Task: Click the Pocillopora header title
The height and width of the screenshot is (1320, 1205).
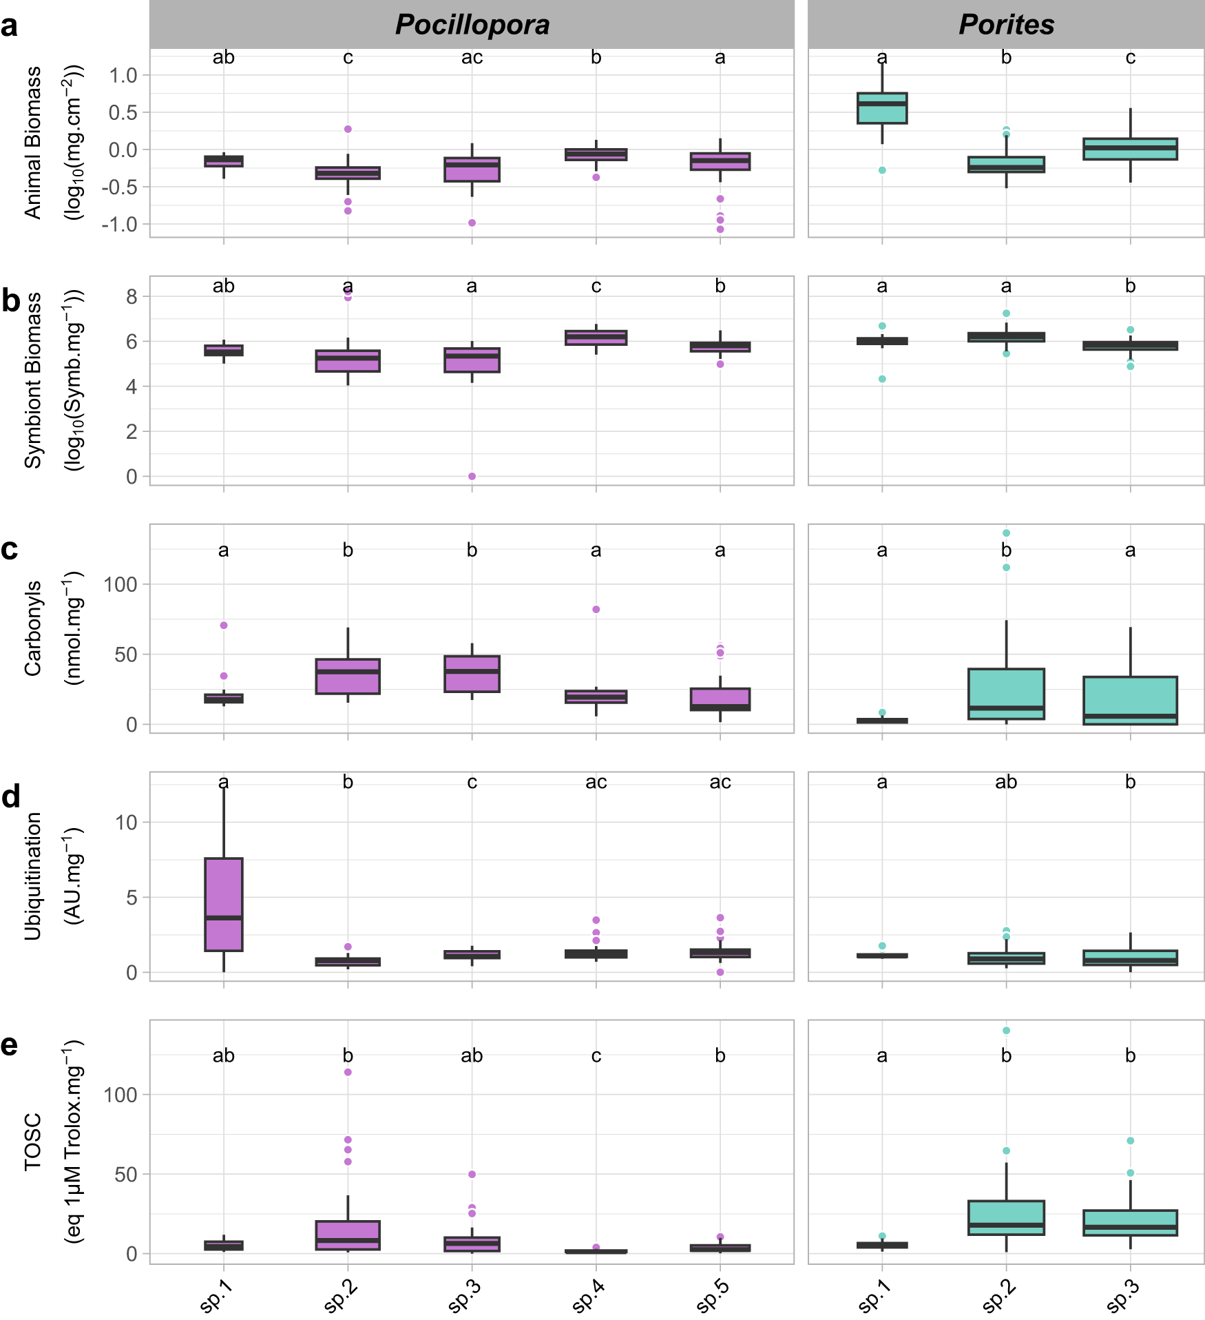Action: click(x=472, y=25)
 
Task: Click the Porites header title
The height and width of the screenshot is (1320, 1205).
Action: click(x=1006, y=25)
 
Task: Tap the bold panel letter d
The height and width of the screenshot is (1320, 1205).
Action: click(x=11, y=797)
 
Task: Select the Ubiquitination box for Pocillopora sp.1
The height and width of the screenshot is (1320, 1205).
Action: click(x=224, y=904)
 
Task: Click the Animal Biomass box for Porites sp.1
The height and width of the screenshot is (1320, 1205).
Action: click(x=882, y=108)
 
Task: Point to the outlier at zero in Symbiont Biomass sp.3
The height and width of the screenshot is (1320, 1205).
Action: click(x=472, y=476)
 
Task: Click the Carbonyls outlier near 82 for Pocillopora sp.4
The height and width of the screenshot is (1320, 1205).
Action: click(x=596, y=609)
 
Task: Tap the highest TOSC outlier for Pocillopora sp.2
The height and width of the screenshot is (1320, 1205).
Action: click(x=348, y=1072)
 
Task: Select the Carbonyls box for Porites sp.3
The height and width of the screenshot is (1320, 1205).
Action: click(x=1130, y=700)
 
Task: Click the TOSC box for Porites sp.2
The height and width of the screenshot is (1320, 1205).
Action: click(x=1006, y=1217)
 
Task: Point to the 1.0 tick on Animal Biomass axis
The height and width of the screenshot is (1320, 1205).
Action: click(x=124, y=75)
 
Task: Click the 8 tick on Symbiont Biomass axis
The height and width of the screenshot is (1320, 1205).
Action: click(x=132, y=297)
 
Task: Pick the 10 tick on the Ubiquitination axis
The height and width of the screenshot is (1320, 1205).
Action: click(x=127, y=822)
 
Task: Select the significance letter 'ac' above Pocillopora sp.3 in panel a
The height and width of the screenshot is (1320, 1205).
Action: click(x=472, y=58)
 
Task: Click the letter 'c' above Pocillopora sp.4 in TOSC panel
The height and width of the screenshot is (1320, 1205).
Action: click(x=596, y=1055)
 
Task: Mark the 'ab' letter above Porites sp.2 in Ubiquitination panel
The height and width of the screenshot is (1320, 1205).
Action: click(x=1006, y=782)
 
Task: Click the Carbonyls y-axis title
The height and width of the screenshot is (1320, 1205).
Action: click(x=32, y=628)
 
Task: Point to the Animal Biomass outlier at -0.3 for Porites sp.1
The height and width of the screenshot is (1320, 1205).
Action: click(x=882, y=170)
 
